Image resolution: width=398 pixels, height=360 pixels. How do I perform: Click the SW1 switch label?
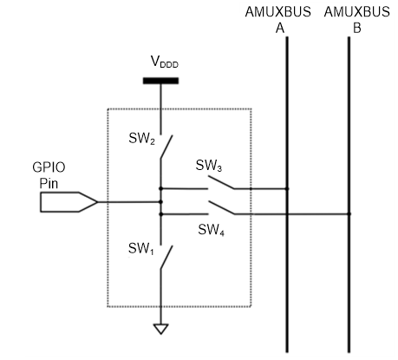point(140,249)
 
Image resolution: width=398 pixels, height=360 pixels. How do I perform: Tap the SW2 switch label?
point(141,138)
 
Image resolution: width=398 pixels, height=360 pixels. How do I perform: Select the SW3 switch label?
point(209,166)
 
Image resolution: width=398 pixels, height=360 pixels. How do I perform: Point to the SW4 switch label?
point(211,230)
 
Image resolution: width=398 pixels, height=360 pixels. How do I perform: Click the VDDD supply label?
point(165,62)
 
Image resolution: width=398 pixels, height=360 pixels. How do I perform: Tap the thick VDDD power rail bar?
point(160,81)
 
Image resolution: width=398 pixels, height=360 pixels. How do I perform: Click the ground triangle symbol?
point(161,329)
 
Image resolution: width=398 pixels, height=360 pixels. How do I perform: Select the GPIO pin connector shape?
point(69,202)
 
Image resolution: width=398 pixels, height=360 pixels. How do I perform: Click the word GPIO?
point(49,167)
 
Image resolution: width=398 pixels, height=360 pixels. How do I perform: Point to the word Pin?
point(49,184)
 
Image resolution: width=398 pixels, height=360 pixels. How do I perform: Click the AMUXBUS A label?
point(278,20)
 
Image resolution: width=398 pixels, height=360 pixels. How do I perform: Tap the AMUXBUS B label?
point(357,20)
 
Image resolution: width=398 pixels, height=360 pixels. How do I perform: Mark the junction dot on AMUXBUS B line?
point(349,214)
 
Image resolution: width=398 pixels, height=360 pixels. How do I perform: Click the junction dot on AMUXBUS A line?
point(287,189)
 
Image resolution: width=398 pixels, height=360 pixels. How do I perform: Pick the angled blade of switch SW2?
point(166,147)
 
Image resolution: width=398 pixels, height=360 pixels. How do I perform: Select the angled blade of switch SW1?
point(166,258)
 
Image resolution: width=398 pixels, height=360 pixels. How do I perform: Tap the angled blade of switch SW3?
point(221,183)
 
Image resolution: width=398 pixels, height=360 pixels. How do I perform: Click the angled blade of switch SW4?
point(221,208)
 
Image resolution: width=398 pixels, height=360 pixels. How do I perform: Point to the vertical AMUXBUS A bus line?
point(287,194)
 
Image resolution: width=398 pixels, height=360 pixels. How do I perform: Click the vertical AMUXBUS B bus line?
point(349,194)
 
